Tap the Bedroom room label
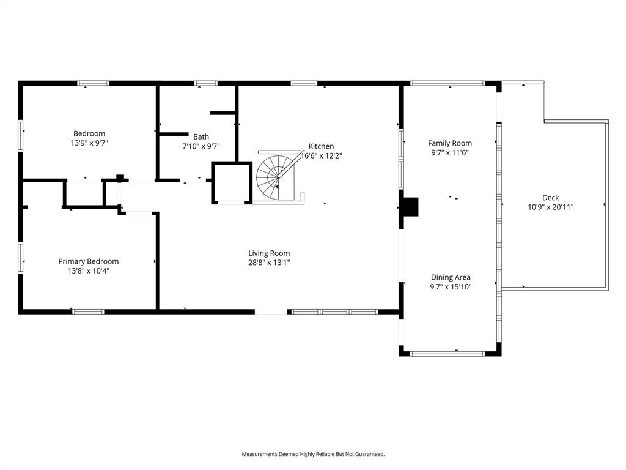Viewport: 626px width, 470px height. tap(89, 133)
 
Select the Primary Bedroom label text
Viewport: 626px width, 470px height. tap(89, 261)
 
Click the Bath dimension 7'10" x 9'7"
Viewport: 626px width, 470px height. tap(201, 146)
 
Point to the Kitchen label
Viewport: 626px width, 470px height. tap(321, 146)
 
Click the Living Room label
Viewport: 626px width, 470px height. tap(269, 253)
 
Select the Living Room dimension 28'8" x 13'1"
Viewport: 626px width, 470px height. tap(269, 263)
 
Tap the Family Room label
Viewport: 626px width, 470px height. tap(450, 143)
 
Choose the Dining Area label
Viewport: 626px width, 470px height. tap(451, 277)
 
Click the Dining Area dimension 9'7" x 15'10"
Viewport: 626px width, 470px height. tap(451, 286)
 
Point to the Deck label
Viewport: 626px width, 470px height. tap(550, 198)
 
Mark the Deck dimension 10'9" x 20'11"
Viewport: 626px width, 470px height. tap(550, 207)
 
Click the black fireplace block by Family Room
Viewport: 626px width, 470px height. tap(410, 206)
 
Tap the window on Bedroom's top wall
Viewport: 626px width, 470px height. tap(93, 83)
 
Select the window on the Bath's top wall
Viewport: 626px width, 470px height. tap(205, 83)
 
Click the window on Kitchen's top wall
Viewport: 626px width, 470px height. tap(304, 83)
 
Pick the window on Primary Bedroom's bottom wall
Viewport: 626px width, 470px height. tap(88, 311)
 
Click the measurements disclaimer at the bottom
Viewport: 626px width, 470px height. tap(313, 454)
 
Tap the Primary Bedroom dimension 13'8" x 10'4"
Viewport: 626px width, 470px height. tap(89, 270)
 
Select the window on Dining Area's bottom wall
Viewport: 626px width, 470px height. tap(447, 353)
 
